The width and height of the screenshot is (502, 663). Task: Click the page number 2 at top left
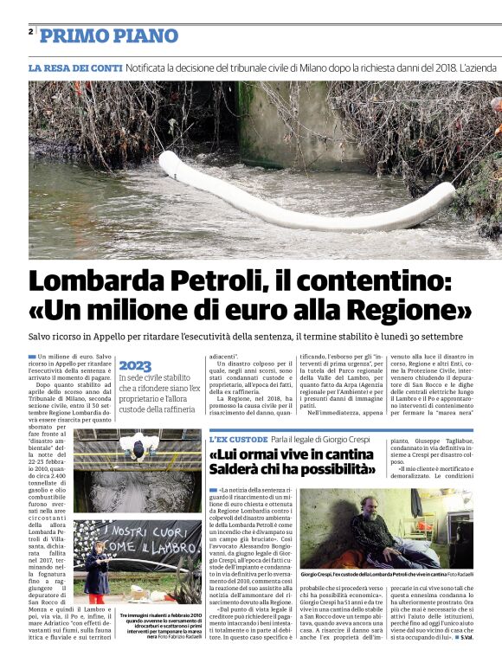31,32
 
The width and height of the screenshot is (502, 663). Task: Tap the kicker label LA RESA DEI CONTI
75,67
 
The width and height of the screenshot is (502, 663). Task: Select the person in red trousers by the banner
97,567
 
